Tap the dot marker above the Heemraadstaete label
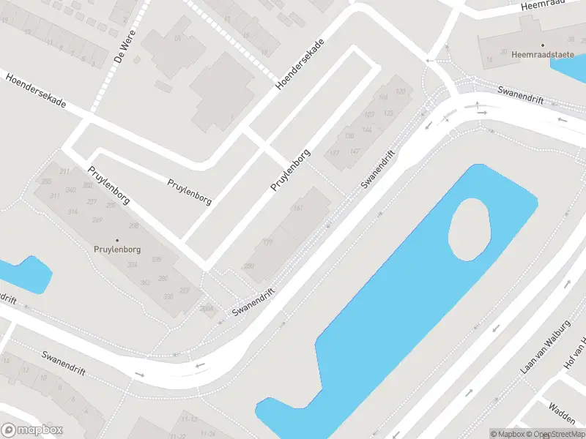tap(543, 45)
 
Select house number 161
tap(297, 209)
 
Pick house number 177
tap(268, 242)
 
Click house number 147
tap(355, 151)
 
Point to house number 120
tap(400, 91)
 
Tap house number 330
tap(168, 296)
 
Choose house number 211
tap(64, 172)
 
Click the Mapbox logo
tap(32, 430)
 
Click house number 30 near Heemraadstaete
tap(502, 51)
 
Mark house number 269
tap(97, 219)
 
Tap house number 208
tap(133, 226)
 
